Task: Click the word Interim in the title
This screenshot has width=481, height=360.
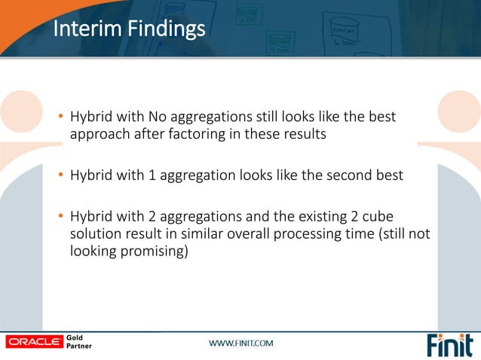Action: point(78,29)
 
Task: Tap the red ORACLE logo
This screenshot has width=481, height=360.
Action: point(34,342)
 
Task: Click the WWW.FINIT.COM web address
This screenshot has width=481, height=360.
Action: point(241,343)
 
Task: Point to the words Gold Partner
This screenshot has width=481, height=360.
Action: point(80,342)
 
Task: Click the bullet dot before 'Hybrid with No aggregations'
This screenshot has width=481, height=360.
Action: point(61,118)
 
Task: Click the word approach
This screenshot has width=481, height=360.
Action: point(98,135)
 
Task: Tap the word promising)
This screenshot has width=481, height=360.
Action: point(156,252)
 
